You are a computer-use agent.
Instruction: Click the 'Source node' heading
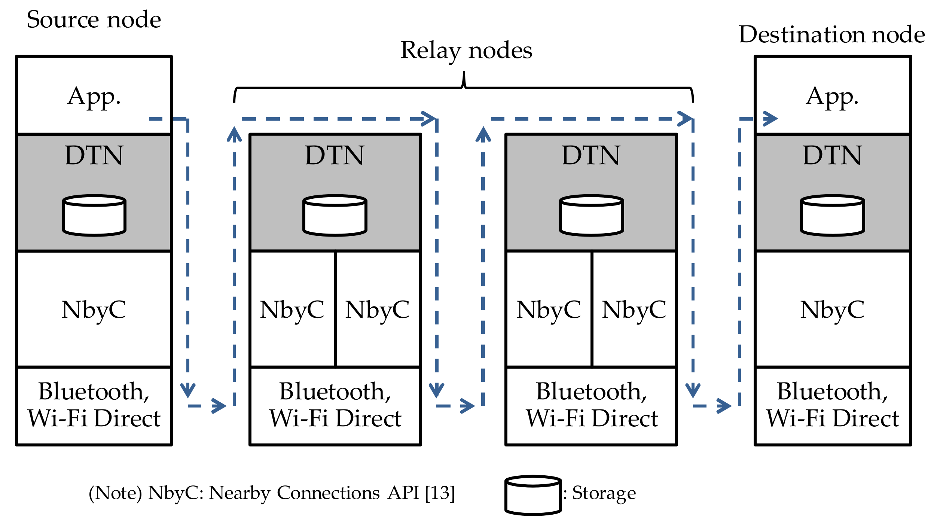click(x=94, y=19)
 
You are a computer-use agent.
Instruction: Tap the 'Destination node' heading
click(x=831, y=34)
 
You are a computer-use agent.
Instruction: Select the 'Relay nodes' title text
click(x=466, y=50)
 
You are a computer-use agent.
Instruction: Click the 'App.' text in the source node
click(x=94, y=97)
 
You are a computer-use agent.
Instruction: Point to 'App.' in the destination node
click(x=832, y=97)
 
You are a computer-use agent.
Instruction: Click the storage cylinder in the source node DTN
click(x=94, y=215)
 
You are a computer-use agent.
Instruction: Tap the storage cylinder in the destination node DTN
click(x=832, y=215)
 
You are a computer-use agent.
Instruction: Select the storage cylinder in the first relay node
click(x=335, y=215)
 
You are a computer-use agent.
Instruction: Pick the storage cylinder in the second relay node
click(x=591, y=215)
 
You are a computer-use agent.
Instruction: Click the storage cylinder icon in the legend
click(x=533, y=495)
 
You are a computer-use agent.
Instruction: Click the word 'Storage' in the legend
click(x=604, y=493)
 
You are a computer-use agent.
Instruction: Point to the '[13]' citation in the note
click(x=440, y=493)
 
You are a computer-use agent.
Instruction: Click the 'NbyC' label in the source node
click(x=94, y=310)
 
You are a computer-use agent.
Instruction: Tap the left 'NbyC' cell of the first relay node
click(x=292, y=310)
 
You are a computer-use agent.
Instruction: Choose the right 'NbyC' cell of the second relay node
click(x=634, y=310)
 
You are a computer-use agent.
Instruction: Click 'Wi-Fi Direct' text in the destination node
click(x=832, y=418)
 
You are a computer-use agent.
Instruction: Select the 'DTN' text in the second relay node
click(x=591, y=155)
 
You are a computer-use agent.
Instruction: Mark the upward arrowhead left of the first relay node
click(x=234, y=134)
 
